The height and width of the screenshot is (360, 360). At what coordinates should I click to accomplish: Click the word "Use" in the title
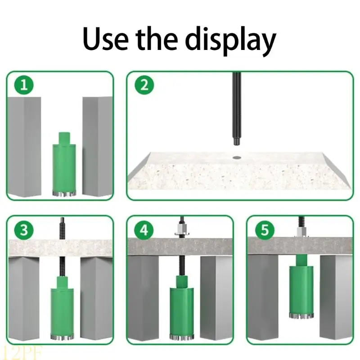(x=106, y=38)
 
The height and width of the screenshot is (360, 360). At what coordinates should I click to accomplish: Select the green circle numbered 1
(x=24, y=85)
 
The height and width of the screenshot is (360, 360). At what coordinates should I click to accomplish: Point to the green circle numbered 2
(x=144, y=85)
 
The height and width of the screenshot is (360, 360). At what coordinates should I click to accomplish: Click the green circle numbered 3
(x=24, y=230)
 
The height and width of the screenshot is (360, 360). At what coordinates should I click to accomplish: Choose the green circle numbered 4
(x=144, y=230)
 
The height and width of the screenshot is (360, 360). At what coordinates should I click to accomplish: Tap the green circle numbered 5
(x=265, y=230)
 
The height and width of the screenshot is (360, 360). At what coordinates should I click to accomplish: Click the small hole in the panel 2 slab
(x=237, y=157)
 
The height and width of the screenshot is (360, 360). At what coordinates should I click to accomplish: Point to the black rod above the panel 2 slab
(x=237, y=109)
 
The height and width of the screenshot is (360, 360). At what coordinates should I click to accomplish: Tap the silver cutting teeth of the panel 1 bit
(x=64, y=194)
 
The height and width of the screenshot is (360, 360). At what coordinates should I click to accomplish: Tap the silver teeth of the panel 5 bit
(x=301, y=316)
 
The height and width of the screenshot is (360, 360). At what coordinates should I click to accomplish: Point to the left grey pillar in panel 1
(x=24, y=147)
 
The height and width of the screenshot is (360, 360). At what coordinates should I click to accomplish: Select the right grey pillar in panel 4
(x=216, y=298)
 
